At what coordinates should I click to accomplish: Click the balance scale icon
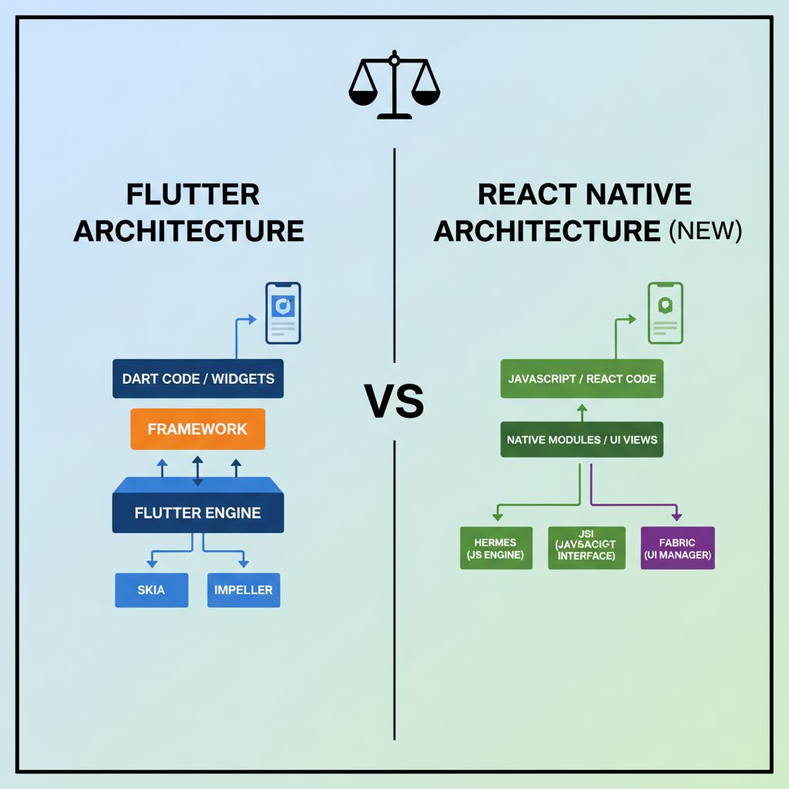394,86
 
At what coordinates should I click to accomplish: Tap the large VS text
394,401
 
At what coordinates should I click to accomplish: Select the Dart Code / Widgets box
198,379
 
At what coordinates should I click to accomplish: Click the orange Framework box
198,429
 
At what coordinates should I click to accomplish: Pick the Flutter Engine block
198,512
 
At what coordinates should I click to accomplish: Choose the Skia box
151,590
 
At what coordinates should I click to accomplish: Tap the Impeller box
243,590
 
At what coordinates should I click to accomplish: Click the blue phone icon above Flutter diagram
283,313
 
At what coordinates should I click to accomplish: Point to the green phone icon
664,313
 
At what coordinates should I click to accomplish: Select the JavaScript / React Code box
582,378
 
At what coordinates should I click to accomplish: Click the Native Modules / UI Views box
582,440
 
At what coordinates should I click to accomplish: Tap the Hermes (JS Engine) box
496,549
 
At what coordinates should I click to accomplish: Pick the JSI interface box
586,549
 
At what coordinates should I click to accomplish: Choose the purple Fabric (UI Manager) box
677,549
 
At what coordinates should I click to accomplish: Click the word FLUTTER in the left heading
193,195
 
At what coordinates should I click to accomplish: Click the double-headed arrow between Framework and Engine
198,471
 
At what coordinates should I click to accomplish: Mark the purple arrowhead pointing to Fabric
677,518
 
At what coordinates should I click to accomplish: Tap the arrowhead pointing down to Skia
151,564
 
